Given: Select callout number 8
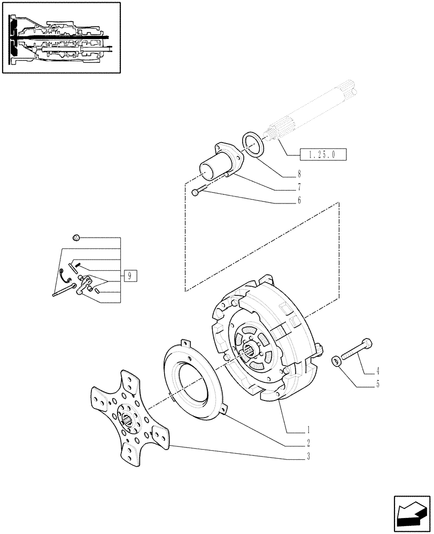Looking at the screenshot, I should [x=299, y=174].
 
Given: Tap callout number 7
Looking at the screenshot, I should [x=299, y=187].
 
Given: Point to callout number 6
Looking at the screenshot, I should [x=299, y=200].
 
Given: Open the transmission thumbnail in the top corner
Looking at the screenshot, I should [x=61, y=37].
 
